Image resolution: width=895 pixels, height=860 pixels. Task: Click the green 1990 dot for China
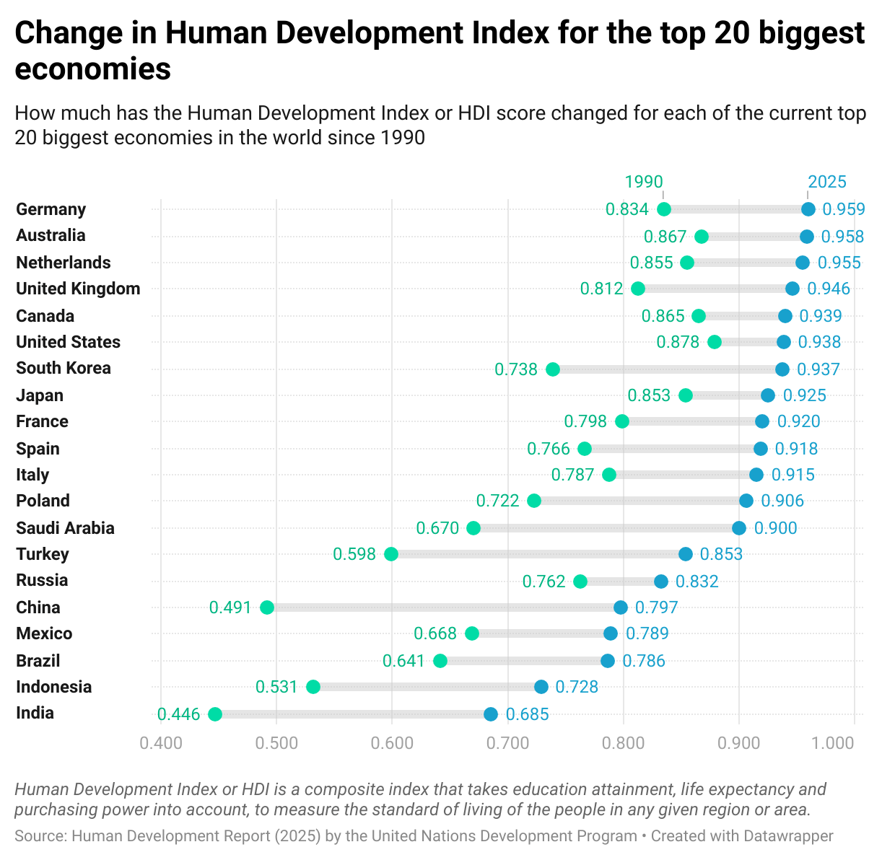[267, 607]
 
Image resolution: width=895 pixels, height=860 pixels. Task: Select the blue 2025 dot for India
[491, 714]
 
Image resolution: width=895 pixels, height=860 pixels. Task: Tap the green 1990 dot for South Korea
[553, 369]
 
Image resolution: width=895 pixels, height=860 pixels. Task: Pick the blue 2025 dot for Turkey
[686, 554]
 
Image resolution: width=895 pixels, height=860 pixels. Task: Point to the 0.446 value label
[179, 715]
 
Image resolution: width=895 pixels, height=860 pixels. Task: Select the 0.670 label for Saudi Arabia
[437, 528]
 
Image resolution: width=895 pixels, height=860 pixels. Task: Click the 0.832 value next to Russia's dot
[697, 582]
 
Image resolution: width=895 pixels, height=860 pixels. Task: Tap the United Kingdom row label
[78, 289]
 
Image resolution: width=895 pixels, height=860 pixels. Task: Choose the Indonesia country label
[54, 687]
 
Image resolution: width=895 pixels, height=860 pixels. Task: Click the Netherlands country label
[64, 263]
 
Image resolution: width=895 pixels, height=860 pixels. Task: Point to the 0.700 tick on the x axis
[507, 743]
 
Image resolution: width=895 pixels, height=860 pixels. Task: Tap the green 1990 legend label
[644, 182]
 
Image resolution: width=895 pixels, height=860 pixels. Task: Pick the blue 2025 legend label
[827, 182]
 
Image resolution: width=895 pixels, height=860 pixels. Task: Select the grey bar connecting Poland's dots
[640, 501]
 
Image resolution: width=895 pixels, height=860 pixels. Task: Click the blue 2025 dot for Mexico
[611, 633]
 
